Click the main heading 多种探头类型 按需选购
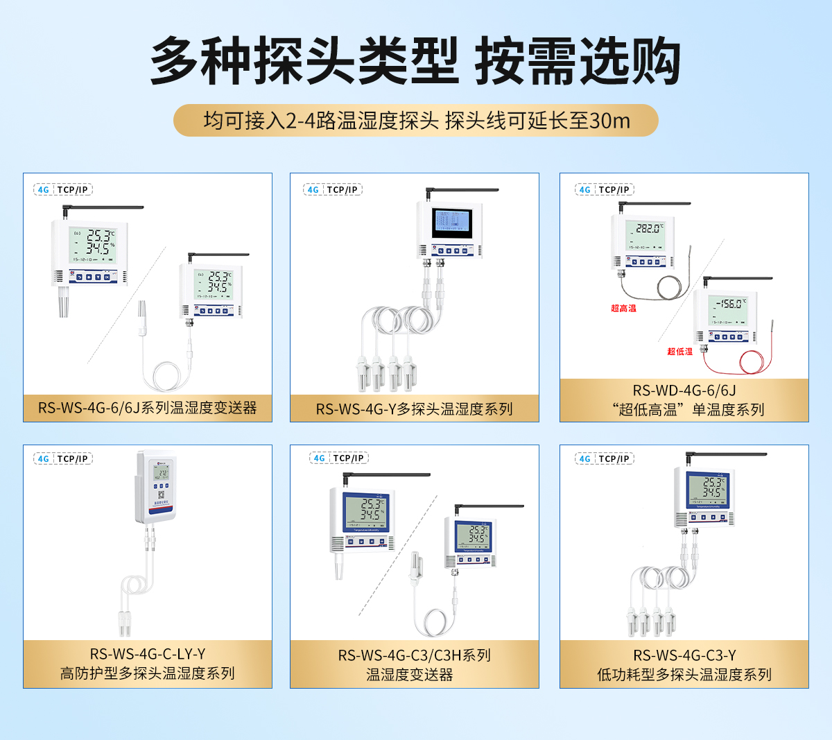click(x=415, y=62)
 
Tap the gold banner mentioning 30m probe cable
click(x=415, y=121)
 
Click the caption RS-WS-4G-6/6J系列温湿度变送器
click(x=147, y=408)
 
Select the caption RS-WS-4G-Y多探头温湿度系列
click(x=414, y=409)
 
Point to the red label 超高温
click(x=623, y=308)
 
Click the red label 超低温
click(x=679, y=352)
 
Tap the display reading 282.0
click(x=648, y=228)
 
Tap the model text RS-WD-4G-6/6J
click(x=684, y=390)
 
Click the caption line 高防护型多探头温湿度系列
click(x=147, y=673)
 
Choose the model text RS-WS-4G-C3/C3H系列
click(x=414, y=655)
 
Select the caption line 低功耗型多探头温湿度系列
click(x=684, y=674)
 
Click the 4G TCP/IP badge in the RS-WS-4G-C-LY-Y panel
click(x=63, y=458)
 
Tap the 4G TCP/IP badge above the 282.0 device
click(x=605, y=189)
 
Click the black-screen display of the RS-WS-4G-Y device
click(x=451, y=221)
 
